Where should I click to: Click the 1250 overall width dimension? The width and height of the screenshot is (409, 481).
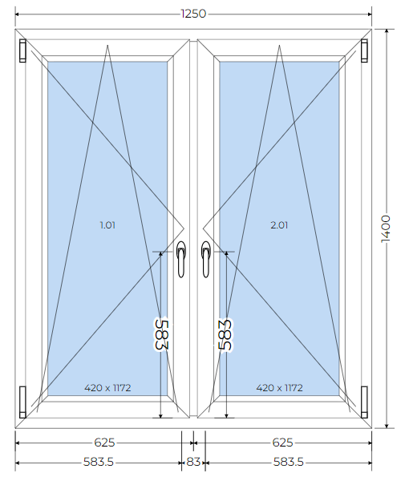point(193,14)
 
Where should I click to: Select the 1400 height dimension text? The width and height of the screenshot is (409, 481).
point(386,228)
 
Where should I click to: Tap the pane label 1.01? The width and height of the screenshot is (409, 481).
point(107,225)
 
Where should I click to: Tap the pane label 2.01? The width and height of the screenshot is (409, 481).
point(279,225)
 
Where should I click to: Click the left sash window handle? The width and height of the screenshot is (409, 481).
point(180,259)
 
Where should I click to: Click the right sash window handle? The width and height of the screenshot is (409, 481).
point(206,259)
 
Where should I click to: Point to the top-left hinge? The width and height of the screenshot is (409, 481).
point(22,51)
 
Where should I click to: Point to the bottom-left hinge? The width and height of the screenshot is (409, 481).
point(22,402)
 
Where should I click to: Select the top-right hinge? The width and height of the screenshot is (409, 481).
point(364,51)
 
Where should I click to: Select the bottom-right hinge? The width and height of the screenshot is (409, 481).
point(364,402)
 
